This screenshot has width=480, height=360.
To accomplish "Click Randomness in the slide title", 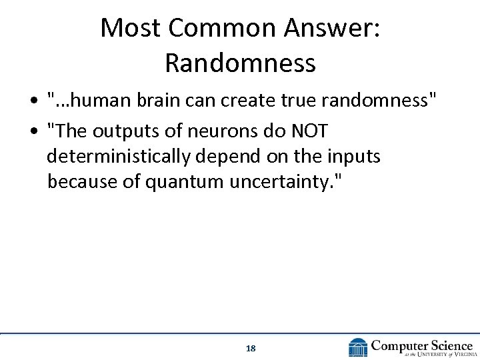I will coord(240,63).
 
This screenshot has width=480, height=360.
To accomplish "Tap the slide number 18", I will coord(251,348).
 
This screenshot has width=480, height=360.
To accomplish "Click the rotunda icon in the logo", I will coord(357,347).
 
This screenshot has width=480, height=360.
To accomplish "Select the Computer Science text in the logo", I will coord(421,344).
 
